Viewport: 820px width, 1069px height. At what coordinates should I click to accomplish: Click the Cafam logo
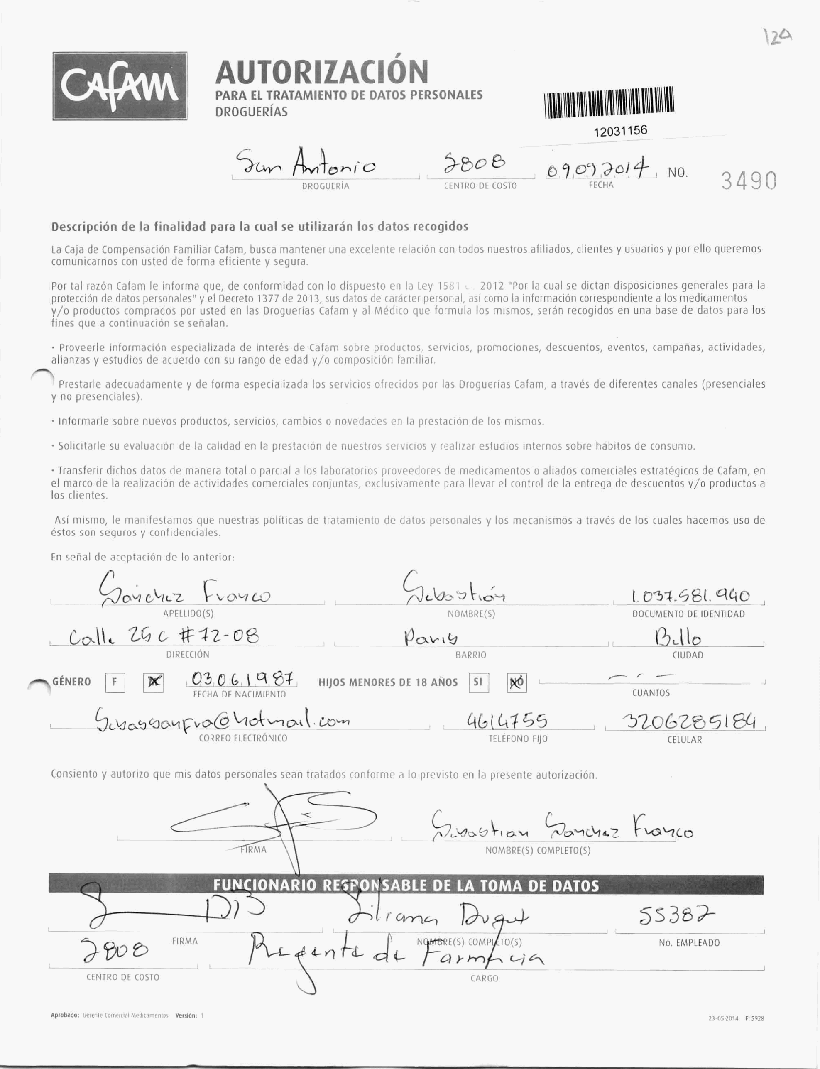120,86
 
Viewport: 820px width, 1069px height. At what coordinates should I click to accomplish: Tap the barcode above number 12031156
609,102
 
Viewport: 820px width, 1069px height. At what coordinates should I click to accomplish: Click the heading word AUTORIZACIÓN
322,71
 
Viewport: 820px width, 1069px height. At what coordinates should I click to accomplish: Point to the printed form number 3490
749,181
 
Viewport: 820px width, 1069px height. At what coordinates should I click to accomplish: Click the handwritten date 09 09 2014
601,169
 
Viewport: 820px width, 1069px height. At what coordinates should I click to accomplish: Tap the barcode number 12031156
620,131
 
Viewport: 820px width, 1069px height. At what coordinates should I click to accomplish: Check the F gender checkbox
115,682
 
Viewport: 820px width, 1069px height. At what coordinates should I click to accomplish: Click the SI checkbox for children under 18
478,682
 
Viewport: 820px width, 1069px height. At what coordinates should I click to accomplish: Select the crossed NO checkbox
516,683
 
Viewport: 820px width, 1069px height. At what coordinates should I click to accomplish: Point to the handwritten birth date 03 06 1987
242,679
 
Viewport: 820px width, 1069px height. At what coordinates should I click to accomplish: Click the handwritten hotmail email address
223,721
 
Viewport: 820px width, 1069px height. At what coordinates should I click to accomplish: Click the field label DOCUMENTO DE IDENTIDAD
688,614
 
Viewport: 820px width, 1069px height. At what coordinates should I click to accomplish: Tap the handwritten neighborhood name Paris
431,638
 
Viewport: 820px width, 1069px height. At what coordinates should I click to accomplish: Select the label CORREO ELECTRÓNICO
243,738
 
